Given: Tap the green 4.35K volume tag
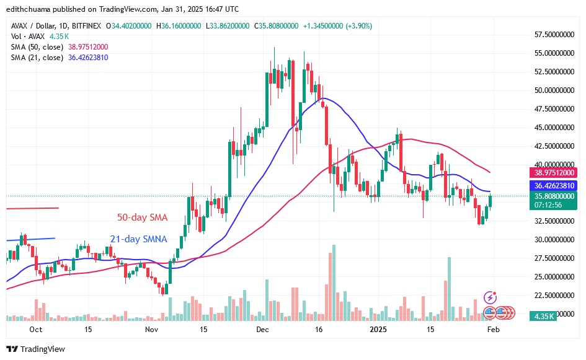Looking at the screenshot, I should pos(544,317).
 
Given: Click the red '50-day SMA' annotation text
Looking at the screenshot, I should pos(143,217).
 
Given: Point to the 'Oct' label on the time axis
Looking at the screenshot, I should pos(36,330).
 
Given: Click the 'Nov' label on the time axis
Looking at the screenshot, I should pos(152,330).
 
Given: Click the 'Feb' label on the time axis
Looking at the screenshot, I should pos(493,330).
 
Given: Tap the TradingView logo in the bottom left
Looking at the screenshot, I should pos(35,349).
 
